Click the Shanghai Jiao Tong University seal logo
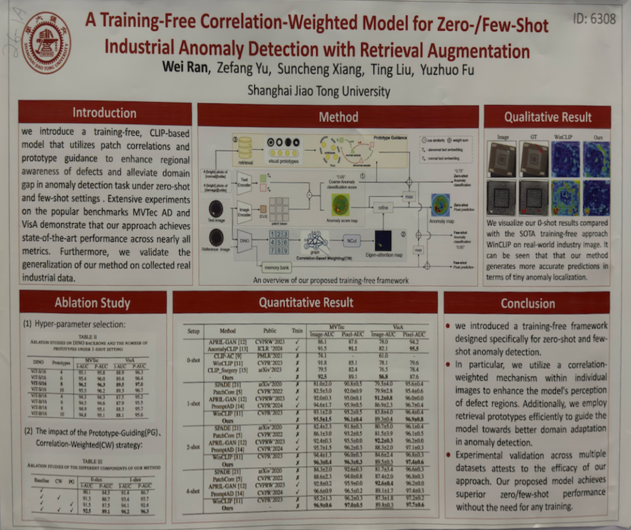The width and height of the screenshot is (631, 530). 46,43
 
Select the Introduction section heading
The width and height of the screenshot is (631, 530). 104,113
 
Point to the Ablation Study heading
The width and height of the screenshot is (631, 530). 92,302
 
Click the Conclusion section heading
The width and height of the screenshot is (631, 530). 527,303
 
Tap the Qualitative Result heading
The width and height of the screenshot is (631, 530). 547,117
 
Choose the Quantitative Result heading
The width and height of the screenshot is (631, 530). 306,302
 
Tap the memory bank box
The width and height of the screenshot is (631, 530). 277,267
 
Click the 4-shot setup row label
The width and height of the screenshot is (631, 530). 193,491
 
